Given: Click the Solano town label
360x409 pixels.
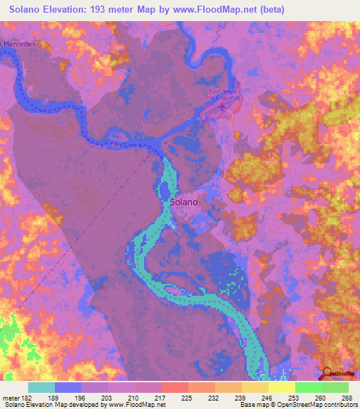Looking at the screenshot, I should pyautogui.click(x=184, y=201).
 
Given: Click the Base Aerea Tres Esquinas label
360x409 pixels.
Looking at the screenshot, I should pyautogui.click(x=223, y=94).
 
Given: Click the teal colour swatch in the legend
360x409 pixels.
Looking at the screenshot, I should pyautogui.click(x=41, y=387).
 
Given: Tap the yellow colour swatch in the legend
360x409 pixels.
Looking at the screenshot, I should pyautogui.click(x=281, y=387).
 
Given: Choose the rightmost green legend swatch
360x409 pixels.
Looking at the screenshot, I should pyautogui.click(x=335, y=387).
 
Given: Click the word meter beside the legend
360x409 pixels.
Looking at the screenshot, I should pyautogui.click(x=11, y=397).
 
